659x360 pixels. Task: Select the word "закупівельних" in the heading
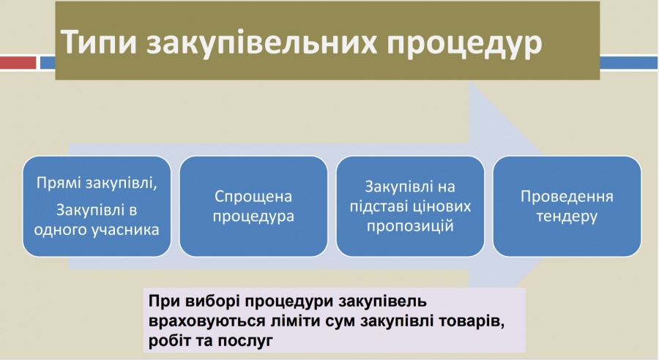(x=262, y=42)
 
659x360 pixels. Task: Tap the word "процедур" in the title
(x=464, y=44)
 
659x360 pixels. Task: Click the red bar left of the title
(x=18, y=63)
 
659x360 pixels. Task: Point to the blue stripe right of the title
(x=629, y=63)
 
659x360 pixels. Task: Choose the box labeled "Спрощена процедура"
(x=253, y=206)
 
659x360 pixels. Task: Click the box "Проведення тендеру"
(x=567, y=206)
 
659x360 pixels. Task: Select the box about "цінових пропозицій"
(x=410, y=206)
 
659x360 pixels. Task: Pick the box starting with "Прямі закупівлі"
(x=97, y=206)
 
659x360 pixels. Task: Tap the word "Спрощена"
(x=253, y=197)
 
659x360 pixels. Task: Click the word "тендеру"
(x=567, y=217)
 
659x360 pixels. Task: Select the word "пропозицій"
(x=410, y=226)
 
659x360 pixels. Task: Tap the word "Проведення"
(x=567, y=197)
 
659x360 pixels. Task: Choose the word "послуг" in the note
(x=245, y=341)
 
